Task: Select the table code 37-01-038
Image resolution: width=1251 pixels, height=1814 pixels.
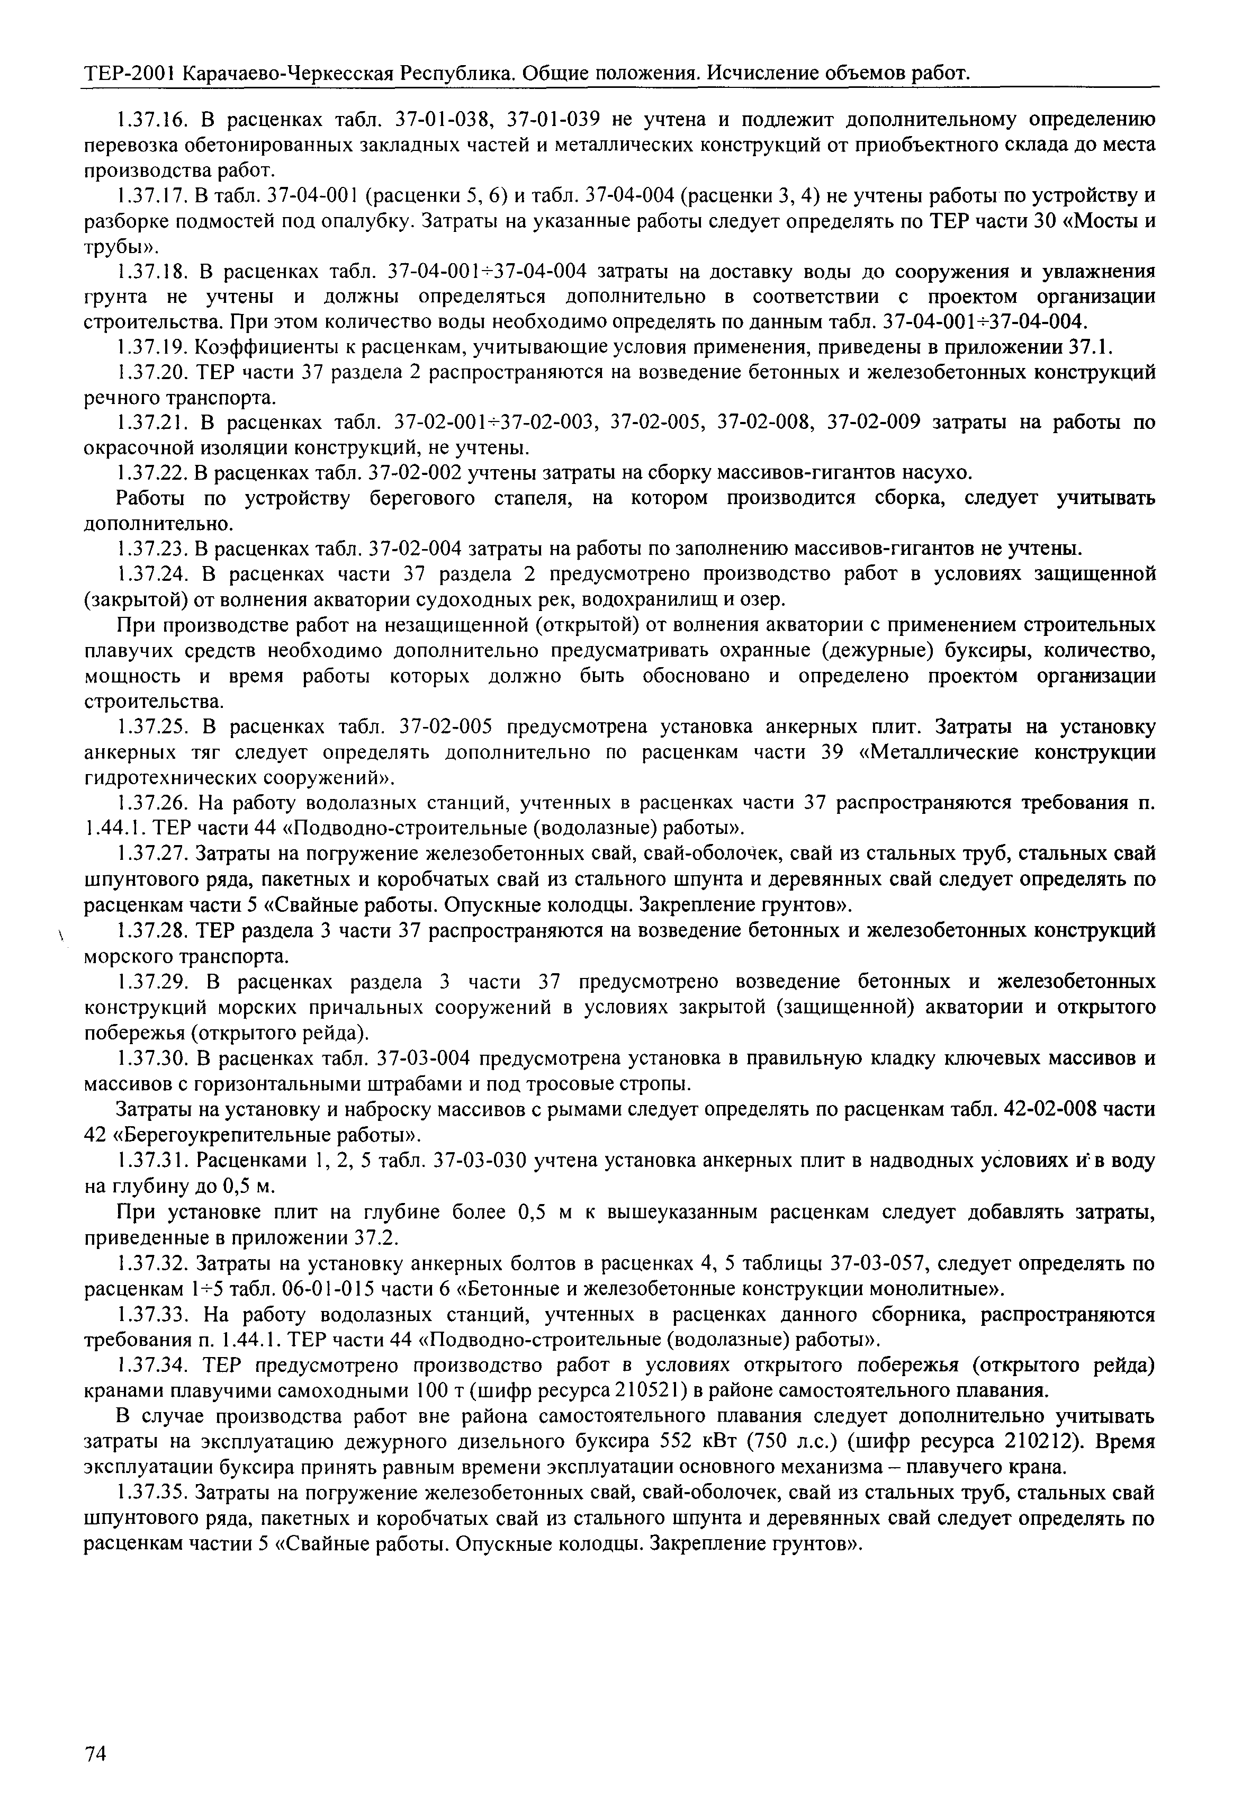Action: pyautogui.click(x=445, y=120)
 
